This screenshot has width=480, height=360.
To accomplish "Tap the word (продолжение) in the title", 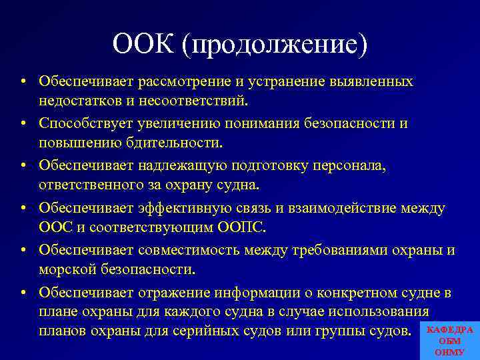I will tap(278, 45).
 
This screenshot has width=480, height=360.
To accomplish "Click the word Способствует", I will tap(81, 124).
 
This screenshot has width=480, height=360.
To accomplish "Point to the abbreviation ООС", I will tap(54, 228).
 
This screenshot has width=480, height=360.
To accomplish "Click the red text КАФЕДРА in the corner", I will tap(449, 330).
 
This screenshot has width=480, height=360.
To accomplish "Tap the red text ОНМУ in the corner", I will tap(449, 351).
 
